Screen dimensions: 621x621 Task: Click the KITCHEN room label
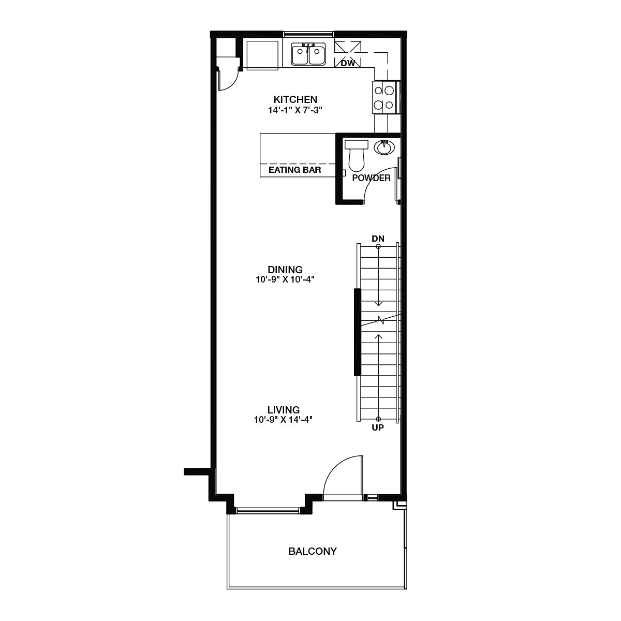tap(295, 99)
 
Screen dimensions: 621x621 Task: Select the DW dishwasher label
tap(348, 63)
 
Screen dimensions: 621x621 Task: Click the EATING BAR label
tap(295, 170)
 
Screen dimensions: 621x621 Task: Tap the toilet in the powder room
tap(356, 155)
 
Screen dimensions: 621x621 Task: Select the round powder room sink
tap(384, 147)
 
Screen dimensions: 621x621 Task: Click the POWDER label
tap(371, 178)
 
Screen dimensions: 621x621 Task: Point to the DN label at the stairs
tap(378, 238)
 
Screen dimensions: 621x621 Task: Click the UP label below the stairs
tap(378, 428)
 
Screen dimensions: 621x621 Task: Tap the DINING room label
tap(285, 270)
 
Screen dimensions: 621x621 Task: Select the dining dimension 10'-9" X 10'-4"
tap(285, 279)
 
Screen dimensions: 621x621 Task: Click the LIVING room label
tap(284, 410)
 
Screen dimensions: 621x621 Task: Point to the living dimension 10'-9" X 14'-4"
tap(284, 420)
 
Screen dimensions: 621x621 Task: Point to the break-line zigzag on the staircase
tap(381, 320)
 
